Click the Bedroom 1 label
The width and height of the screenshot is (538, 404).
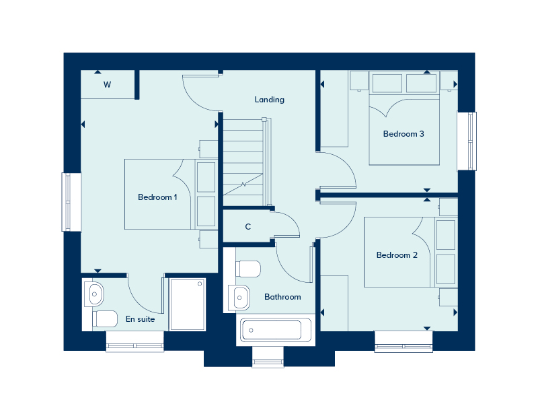click(x=157, y=197)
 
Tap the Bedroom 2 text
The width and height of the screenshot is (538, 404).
click(x=397, y=255)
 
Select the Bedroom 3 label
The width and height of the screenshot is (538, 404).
click(x=403, y=134)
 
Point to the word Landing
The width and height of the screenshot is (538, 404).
click(x=269, y=100)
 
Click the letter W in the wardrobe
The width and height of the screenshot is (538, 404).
click(x=107, y=85)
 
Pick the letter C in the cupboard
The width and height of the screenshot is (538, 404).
click(x=247, y=227)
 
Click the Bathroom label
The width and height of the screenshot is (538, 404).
click(x=282, y=297)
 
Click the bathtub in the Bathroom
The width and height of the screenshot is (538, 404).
click(x=272, y=330)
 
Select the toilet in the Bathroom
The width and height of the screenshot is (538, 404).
click(x=248, y=269)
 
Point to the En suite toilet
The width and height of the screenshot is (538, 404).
click(x=105, y=318)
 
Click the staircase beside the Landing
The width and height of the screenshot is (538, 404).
click(x=244, y=162)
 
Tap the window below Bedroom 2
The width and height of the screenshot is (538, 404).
click(x=403, y=341)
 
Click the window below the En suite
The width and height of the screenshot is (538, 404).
click(x=134, y=341)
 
